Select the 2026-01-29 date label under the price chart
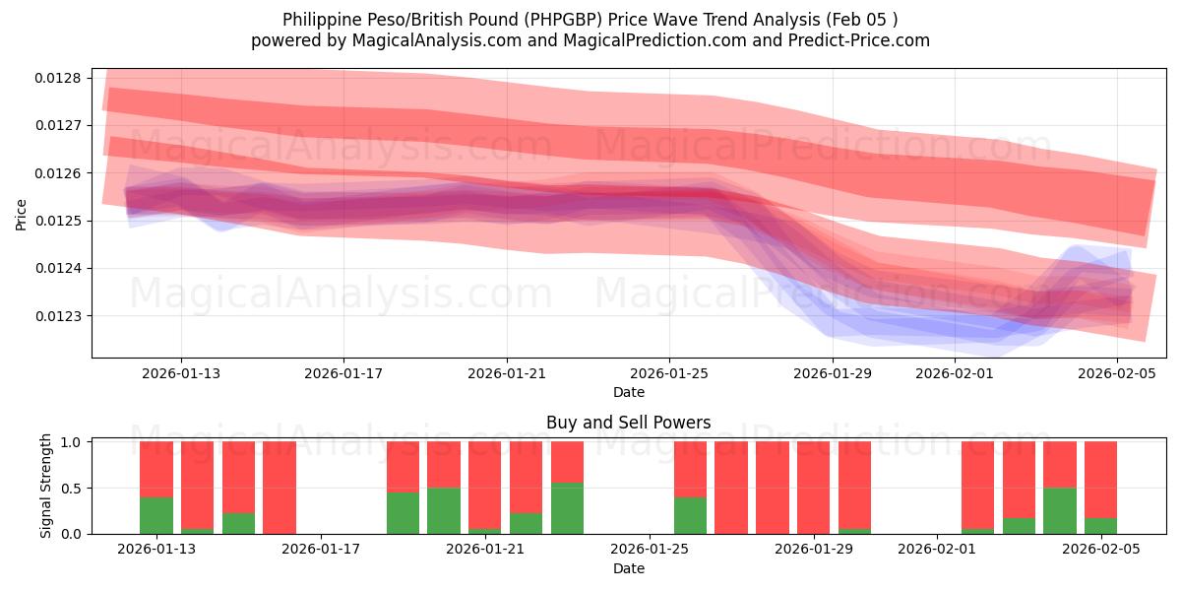coord(833,373)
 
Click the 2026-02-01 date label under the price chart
coord(955,373)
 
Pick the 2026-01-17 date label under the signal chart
coord(322,550)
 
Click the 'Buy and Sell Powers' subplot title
coord(628,423)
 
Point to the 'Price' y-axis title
coord(22,214)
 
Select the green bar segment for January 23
coord(567,508)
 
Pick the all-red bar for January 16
coord(280,488)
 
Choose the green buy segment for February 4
coord(1060,510)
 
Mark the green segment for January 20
coord(444,510)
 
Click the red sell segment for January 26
coord(691,469)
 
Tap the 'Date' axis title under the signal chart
coord(628,568)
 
